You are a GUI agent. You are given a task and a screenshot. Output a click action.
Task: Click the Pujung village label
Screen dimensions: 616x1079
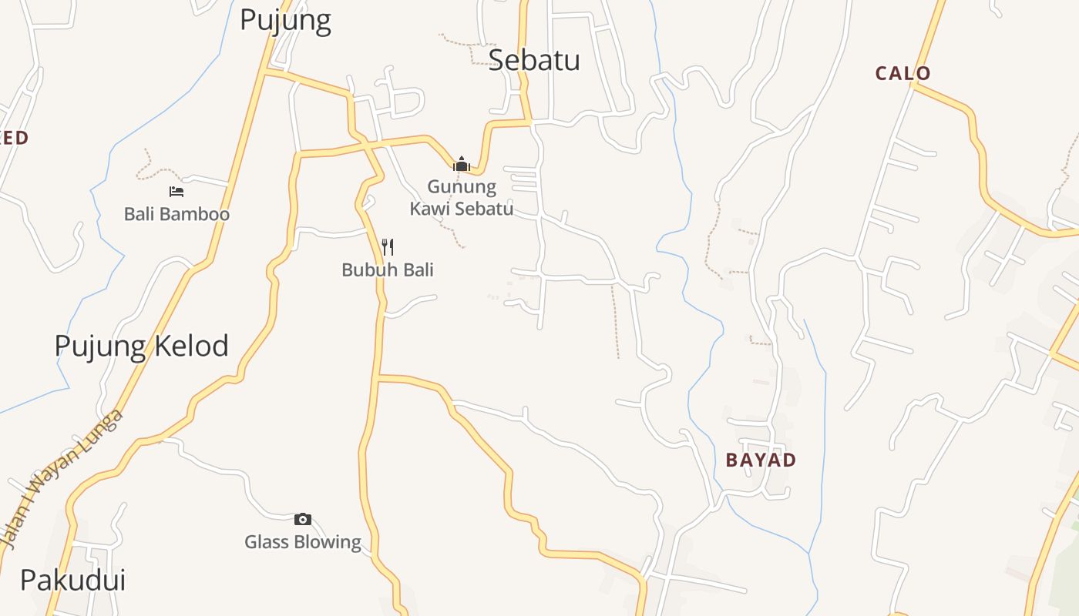tap(285, 20)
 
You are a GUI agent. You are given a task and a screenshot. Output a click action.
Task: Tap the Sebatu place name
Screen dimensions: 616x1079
tap(534, 60)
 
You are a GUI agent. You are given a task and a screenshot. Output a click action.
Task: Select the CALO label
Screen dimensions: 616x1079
tap(903, 74)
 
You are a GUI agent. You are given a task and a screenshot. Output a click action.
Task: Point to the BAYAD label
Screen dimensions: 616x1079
tap(761, 460)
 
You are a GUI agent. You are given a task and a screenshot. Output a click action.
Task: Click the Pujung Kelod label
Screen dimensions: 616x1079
tap(141, 346)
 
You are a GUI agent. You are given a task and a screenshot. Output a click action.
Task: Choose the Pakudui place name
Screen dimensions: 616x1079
tap(72, 580)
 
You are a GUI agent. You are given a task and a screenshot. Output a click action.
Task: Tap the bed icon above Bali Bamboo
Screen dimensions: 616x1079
tap(176, 192)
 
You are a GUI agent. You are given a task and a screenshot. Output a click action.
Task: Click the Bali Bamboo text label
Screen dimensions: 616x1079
tap(176, 214)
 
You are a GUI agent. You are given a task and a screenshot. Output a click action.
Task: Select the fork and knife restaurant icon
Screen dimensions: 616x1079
tap(388, 247)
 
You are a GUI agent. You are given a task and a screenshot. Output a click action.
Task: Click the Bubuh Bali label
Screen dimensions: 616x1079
tap(388, 270)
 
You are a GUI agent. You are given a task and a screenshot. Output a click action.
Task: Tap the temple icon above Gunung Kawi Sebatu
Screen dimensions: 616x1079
tap(462, 164)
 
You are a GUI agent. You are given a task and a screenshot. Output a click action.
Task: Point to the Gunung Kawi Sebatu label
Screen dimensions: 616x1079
tap(462, 198)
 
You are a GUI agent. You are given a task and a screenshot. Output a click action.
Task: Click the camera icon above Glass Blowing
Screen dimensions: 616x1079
tap(303, 520)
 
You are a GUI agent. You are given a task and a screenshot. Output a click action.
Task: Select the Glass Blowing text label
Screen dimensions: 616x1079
tap(303, 542)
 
